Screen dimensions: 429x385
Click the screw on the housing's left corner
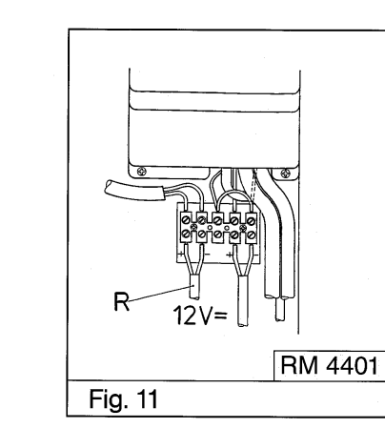click(x=142, y=171)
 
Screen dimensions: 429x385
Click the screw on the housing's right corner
click(x=283, y=172)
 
